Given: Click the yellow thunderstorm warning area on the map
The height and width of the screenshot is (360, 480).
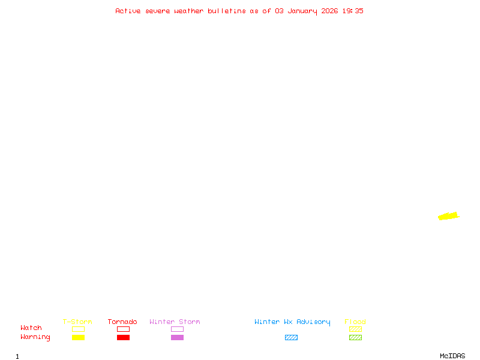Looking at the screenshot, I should [x=448, y=216].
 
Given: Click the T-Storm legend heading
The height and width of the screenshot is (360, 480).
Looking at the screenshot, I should [x=77, y=322].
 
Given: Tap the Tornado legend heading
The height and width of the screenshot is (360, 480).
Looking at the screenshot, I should [x=122, y=322].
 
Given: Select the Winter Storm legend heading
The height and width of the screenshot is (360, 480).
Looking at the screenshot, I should [x=175, y=322].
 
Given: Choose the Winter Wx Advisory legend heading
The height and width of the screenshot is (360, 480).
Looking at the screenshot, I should [x=292, y=322].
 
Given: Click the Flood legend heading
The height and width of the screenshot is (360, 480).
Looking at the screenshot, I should [x=355, y=322].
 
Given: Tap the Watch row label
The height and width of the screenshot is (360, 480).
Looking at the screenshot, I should [x=31, y=328].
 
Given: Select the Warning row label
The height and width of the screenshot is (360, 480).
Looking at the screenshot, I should [x=35, y=337].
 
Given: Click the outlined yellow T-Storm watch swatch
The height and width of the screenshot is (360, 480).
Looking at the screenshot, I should [x=78, y=329].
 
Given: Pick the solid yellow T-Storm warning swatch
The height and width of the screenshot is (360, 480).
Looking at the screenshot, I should [x=78, y=337].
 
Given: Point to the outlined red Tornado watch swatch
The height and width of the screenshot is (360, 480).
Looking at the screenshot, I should [x=123, y=329].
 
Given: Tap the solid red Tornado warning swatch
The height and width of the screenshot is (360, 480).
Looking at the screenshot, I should [x=123, y=337].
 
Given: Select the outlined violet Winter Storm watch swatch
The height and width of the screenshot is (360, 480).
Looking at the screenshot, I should [x=177, y=329].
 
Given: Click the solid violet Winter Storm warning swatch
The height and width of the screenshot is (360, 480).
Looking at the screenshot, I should [x=177, y=337].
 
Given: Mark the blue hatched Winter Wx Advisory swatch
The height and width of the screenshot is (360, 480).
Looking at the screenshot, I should [x=291, y=337].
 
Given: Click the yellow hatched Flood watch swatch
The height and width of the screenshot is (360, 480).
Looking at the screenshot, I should [x=355, y=329].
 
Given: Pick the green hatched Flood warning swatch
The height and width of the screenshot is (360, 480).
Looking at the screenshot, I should [x=355, y=337].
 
